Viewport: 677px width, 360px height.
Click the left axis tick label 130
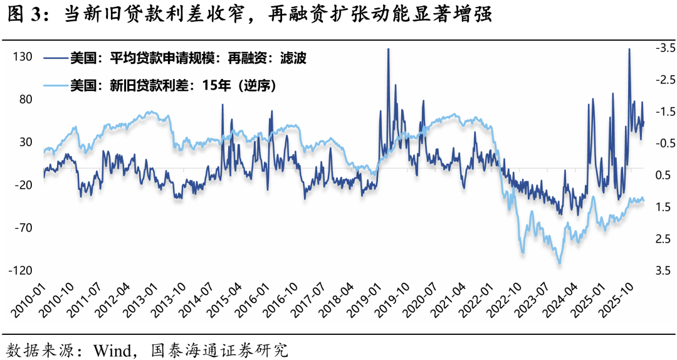pos(23,56)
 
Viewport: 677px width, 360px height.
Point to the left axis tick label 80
pos(25,99)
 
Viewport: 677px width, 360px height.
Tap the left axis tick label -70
pos(23,227)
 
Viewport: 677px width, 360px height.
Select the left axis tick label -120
pos(20,270)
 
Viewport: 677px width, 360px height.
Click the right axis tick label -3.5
pos(664,48)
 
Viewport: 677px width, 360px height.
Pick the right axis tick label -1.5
pos(664,112)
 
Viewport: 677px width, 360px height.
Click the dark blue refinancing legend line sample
pos(55,58)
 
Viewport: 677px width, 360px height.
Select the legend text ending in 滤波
pos(188,58)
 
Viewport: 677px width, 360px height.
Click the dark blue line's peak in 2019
pos(388,50)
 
